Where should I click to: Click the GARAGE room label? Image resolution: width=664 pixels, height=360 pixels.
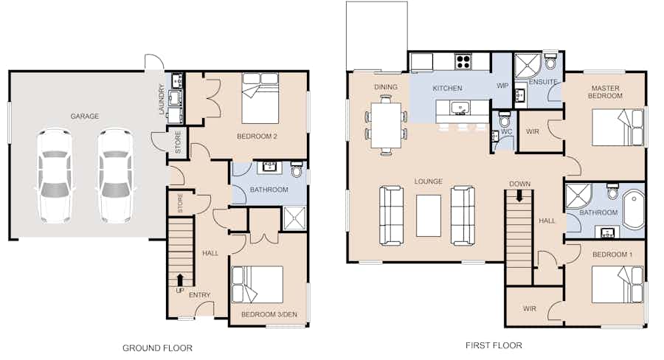tap(85, 116)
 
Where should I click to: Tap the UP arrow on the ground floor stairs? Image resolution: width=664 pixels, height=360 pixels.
tap(180, 280)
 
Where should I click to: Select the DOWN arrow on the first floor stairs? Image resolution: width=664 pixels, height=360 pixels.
tap(519, 196)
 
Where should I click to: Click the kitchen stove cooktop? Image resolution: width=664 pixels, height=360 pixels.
tap(463, 62)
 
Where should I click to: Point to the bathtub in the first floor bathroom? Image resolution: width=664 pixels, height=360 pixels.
tap(634, 210)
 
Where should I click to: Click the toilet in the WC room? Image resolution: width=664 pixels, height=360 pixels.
tap(504, 120)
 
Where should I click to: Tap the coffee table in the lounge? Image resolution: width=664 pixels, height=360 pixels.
tap(429, 215)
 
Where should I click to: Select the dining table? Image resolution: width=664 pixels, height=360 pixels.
tap(386, 125)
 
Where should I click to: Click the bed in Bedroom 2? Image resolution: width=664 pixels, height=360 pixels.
tap(260, 98)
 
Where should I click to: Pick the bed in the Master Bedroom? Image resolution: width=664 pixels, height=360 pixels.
tap(618, 128)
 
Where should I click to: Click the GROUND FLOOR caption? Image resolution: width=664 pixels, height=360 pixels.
tap(158, 348)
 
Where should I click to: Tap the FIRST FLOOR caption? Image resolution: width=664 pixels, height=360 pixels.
tap(494, 345)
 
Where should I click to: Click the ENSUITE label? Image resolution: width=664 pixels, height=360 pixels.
tap(543, 82)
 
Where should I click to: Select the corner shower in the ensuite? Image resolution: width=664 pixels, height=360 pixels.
tap(528, 66)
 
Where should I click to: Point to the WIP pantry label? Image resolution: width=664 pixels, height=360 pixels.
tap(502, 86)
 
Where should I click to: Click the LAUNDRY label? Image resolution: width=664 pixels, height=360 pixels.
tap(162, 99)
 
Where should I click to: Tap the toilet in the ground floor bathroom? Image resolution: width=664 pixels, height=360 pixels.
tap(297, 170)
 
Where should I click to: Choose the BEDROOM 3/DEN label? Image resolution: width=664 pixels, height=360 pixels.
tap(269, 314)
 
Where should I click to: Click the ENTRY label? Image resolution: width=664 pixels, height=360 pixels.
tap(199, 295)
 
